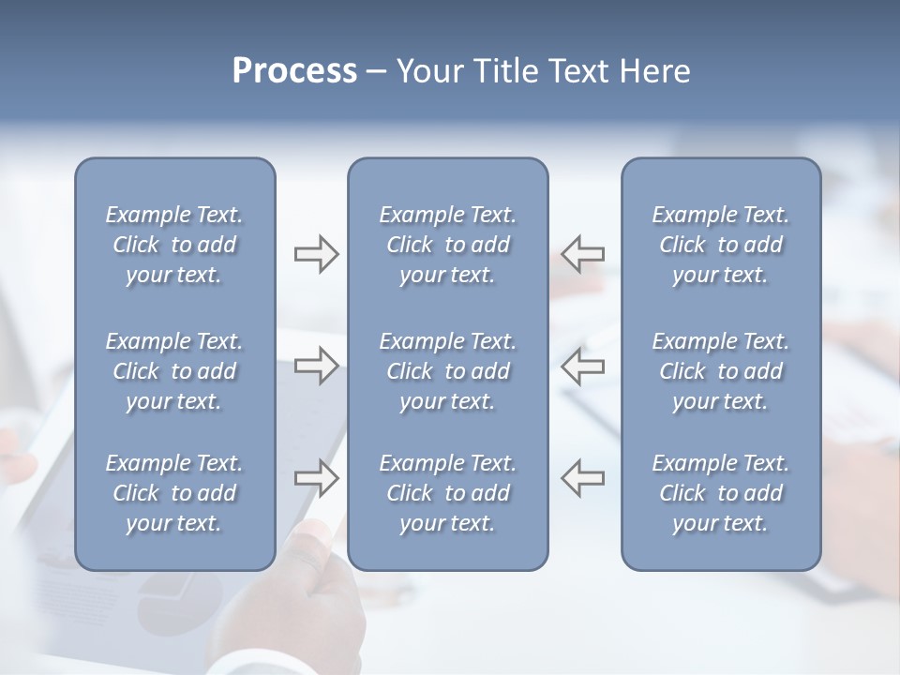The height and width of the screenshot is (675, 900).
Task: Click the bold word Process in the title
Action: click(x=294, y=71)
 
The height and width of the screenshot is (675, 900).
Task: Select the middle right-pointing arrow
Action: click(x=316, y=365)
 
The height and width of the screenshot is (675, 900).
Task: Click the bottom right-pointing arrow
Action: click(x=316, y=477)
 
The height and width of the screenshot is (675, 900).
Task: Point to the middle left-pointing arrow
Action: click(x=583, y=365)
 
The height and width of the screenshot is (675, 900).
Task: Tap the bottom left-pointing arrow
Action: click(x=583, y=477)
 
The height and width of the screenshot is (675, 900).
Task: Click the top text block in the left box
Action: click(x=174, y=245)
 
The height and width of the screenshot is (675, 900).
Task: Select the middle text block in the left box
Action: click(x=174, y=371)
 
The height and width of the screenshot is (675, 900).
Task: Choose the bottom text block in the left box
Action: click(x=174, y=493)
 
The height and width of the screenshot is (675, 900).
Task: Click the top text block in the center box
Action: click(x=447, y=245)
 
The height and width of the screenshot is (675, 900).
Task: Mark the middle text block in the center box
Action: click(x=447, y=371)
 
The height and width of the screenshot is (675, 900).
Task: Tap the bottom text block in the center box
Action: click(x=447, y=493)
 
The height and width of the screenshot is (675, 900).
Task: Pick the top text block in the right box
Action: click(x=720, y=245)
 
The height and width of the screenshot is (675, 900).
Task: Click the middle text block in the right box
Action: click(x=720, y=371)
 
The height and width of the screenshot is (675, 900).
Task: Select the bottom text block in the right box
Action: click(x=720, y=493)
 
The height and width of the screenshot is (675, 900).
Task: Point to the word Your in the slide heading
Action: click(x=427, y=71)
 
